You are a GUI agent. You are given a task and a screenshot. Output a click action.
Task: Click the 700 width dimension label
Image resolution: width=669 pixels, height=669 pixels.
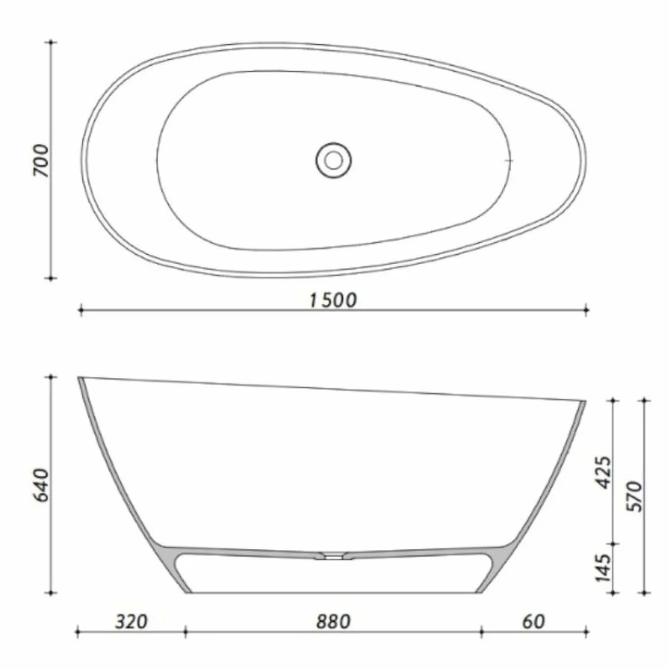coord(41,160)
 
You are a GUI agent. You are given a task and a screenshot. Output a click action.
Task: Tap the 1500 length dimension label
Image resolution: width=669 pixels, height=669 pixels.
coord(333,300)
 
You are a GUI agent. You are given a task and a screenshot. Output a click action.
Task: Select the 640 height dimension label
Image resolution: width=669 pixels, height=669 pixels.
coord(41,485)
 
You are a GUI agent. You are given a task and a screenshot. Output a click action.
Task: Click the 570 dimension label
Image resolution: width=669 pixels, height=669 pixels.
coord(636,496)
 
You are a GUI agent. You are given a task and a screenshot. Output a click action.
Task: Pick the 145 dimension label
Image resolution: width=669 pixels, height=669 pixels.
coord(604,568)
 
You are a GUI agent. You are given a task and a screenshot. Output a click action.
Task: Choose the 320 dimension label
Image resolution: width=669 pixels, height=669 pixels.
coord(132,620)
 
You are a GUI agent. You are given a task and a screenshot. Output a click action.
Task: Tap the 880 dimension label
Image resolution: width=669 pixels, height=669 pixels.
coord(333,620)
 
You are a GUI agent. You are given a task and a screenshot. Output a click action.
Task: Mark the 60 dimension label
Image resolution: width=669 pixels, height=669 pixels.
coord(534,620)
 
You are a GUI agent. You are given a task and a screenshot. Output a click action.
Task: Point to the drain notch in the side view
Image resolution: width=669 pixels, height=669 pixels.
coord(333,555)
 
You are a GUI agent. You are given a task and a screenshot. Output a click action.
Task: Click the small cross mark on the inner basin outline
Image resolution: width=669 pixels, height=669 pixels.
coord(508,161)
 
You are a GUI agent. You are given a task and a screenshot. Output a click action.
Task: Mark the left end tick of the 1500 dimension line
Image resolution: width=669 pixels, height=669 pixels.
coord(81,310)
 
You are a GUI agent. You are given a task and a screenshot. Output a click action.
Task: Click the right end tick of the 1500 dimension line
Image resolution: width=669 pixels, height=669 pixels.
coord(586,310)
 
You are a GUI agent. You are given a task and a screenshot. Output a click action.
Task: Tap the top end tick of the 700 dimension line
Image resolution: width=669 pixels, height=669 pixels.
coord(52,42)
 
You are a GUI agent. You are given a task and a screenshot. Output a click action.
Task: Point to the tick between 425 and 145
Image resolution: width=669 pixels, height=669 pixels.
coord(614,543)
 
